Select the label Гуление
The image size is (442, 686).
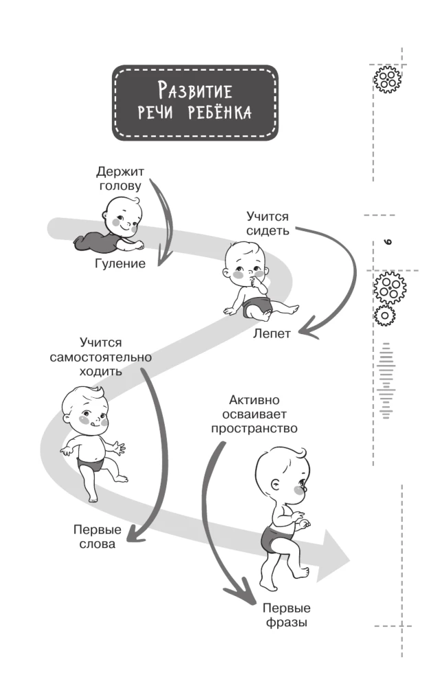click(120, 264)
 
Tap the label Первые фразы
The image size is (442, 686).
click(286, 616)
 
